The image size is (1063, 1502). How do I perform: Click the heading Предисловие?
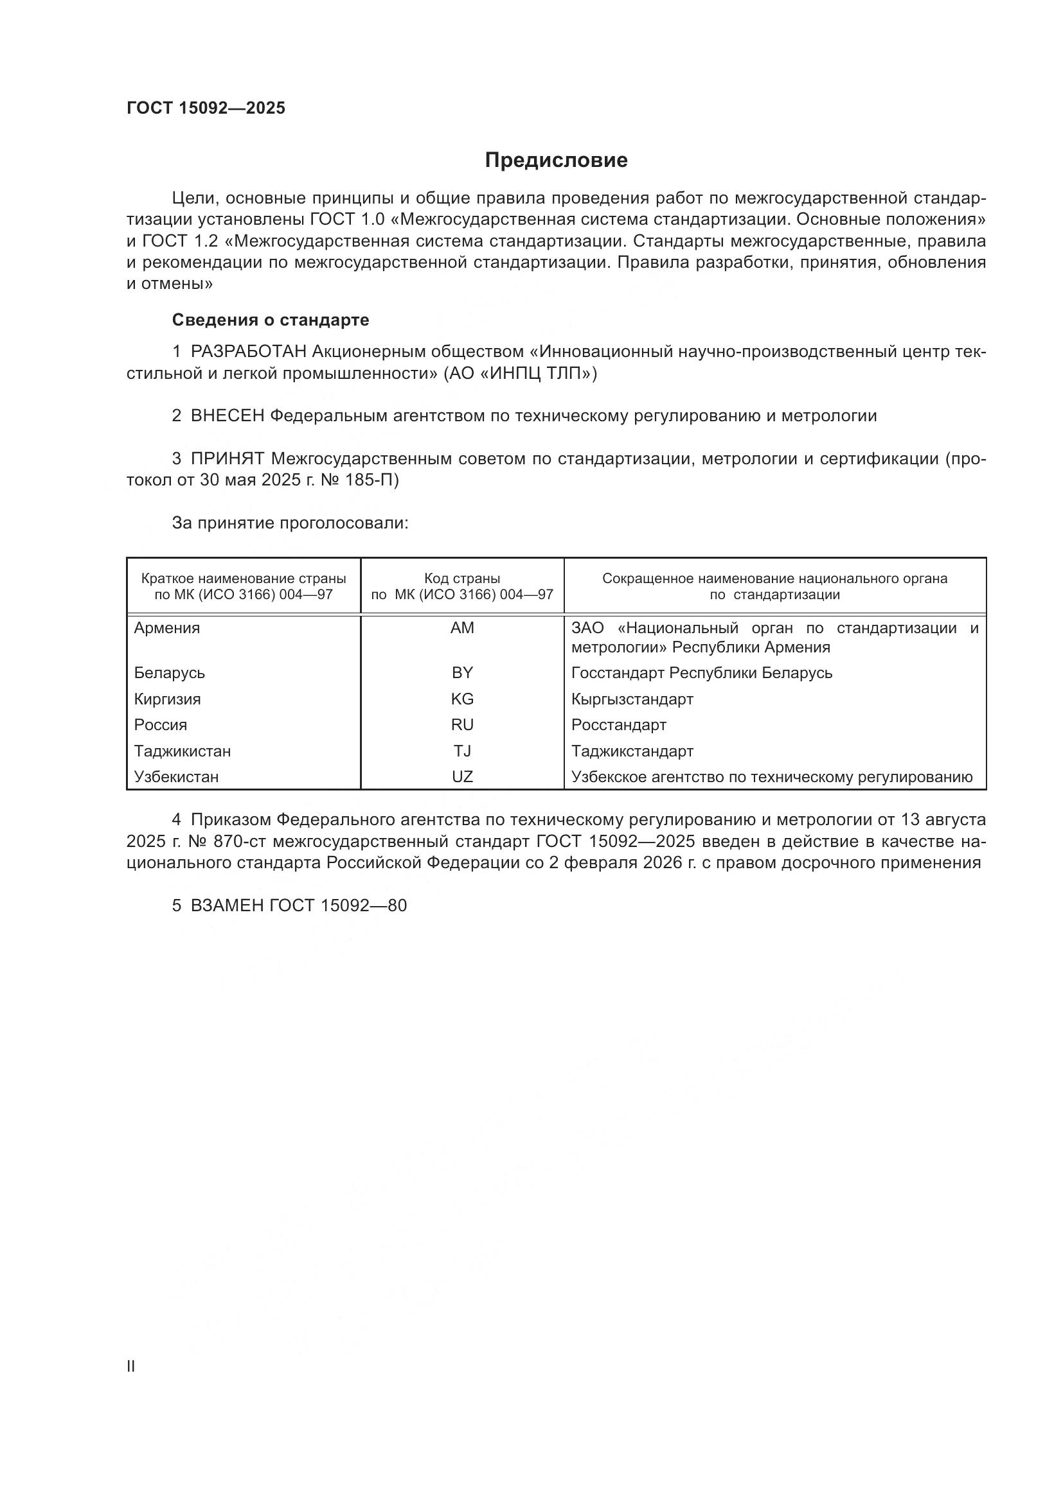556,161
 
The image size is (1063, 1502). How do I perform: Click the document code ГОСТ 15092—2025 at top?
206,109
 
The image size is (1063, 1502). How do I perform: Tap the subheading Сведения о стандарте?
271,320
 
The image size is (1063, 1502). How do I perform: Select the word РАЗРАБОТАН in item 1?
248,352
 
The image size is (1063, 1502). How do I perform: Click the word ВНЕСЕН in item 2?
227,415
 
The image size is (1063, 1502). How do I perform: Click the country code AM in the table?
462,628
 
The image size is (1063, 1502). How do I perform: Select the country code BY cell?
462,672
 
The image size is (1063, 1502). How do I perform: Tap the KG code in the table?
462,699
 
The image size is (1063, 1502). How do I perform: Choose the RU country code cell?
462,725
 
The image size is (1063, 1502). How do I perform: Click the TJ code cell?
462,751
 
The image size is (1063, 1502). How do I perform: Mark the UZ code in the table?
462,777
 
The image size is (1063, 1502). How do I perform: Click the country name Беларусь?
170,672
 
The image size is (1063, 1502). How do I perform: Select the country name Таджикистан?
183,751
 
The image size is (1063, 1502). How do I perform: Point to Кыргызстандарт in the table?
632,699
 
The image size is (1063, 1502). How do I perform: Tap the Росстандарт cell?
618,725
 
